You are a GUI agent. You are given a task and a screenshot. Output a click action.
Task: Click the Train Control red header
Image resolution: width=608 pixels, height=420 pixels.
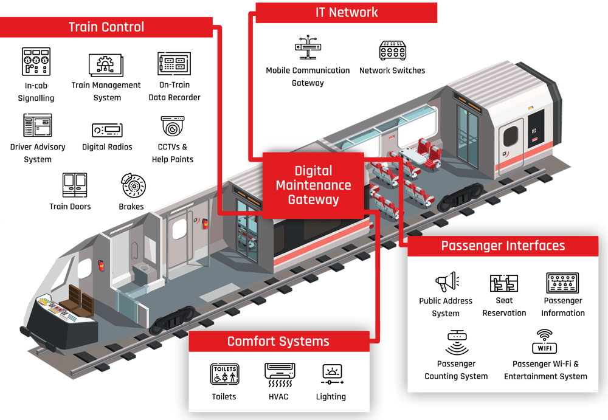106,27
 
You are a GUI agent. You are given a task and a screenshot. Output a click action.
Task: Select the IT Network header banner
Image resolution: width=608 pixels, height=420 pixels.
347,12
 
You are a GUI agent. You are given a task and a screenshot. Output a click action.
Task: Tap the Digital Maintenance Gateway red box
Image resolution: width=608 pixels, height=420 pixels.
313,185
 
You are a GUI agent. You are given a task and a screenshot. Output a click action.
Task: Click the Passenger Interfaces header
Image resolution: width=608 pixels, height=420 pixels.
503,246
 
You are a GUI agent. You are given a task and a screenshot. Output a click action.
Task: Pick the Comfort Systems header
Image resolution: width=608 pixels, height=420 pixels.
278,341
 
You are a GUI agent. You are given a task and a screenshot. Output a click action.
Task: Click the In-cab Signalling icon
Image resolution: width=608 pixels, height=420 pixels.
36,61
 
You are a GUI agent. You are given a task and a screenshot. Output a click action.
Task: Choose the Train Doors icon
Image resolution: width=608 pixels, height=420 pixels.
75,185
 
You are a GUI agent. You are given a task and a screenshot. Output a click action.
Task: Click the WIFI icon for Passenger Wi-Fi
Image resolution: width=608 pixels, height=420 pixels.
545,342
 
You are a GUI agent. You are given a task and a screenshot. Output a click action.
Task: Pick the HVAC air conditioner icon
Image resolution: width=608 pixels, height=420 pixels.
279,375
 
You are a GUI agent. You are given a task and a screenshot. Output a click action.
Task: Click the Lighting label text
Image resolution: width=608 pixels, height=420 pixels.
331,396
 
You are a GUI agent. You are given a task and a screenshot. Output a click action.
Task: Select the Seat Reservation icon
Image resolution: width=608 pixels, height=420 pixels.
504,283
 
